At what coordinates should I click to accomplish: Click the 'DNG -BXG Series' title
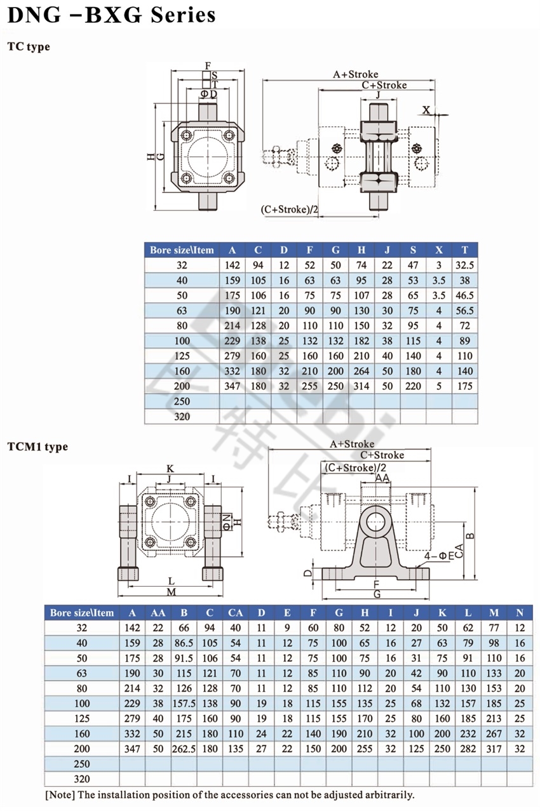111,15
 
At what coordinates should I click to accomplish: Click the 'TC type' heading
29,46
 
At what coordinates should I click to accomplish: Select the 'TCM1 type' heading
37,446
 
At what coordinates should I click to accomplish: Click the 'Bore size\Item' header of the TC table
182,250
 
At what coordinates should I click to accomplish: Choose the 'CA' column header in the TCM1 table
235,612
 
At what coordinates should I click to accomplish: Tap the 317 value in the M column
494,749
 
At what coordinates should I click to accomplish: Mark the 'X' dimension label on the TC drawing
427,110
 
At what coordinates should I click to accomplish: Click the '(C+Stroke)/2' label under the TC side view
289,209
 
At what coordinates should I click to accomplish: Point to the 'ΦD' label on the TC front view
209,94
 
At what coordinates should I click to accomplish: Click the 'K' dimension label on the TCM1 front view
170,469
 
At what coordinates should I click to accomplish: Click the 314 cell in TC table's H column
361,386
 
